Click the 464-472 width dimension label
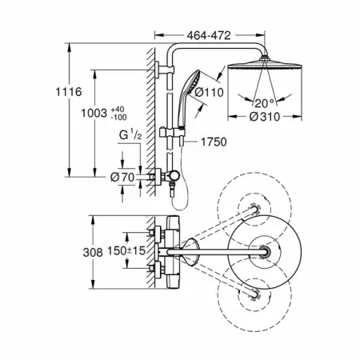click(209, 35)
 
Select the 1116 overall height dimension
click(69, 92)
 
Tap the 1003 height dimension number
click(94, 113)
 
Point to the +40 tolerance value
click(118, 110)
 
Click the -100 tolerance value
click(119, 117)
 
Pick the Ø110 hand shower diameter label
click(210, 93)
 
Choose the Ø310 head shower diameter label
click(265, 117)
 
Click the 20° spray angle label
click(264, 103)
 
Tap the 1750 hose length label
click(214, 142)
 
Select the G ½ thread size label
click(130, 134)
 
